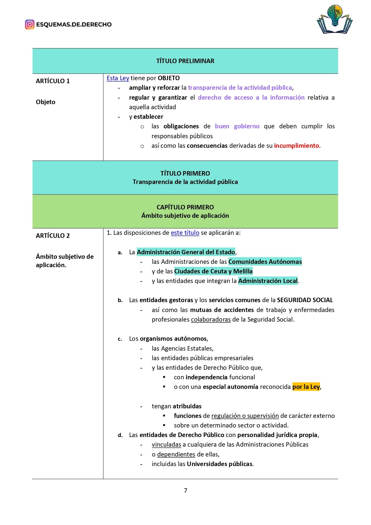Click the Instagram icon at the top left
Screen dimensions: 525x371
pos(30,25)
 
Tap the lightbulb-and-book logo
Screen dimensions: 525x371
pos(335,19)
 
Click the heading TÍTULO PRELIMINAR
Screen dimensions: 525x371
pos(185,61)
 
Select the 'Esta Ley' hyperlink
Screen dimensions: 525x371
pos(118,78)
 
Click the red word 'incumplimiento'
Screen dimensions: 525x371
pos(297,146)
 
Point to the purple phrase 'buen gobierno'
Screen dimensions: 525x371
pos(237,126)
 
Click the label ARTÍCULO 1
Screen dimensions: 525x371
pos(53,81)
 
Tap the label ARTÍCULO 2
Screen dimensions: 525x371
pos(53,236)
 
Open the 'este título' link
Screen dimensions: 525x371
pos(185,233)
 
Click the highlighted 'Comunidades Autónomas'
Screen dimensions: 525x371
pos(265,262)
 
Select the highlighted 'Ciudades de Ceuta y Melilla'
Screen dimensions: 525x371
pos(213,271)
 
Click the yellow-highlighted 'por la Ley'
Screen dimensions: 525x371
pos(306,387)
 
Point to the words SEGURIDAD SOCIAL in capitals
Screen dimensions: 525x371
pos(305,300)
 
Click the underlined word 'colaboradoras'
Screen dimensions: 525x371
pos(211,319)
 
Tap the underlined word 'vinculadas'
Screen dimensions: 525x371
pos(166,445)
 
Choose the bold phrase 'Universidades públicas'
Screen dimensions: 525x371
pos(220,464)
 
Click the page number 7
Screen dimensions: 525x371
pos(185,490)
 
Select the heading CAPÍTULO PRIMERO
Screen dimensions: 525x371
pos(185,207)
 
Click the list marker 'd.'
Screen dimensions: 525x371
pos(120,435)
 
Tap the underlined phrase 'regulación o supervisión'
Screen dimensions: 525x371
pos(245,416)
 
